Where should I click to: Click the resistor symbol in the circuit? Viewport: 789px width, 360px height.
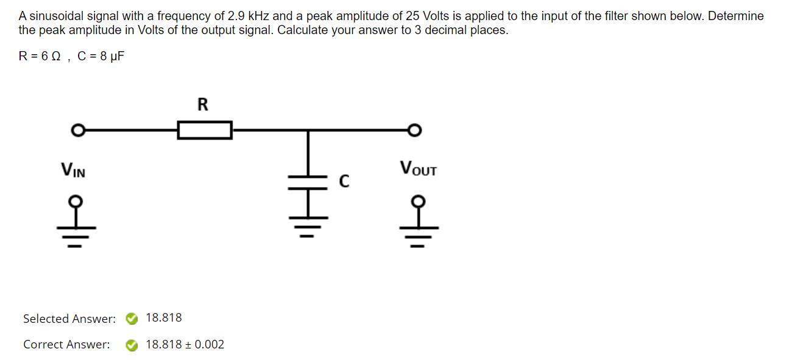coord(205,130)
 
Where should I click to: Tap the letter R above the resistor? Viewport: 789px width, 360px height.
coord(203,105)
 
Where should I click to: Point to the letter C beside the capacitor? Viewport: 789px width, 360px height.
coord(344,181)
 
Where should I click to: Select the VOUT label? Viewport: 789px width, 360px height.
coord(418,168)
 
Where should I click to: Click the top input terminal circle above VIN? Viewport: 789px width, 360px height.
coord(77,130)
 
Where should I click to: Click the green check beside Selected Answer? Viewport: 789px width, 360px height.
coord(131,319)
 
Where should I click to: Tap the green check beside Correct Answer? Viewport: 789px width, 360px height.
coord(131,345)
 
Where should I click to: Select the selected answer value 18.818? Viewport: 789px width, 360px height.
coord(164,318)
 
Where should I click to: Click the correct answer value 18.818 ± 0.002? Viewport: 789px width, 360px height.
coord(185,345)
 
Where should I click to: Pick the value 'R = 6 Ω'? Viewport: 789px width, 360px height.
coord(41,57)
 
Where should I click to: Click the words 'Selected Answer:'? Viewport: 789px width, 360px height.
coord(69,319)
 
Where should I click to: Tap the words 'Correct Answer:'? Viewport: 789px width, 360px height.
coord(67,345)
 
